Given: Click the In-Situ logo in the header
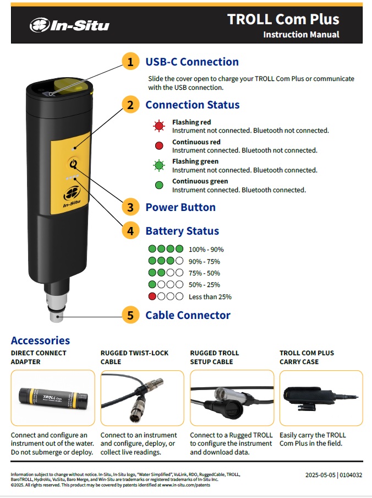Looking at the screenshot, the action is (69, 25).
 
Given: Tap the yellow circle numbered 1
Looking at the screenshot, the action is (130, 62).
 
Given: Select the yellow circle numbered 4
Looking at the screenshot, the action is (130, 231).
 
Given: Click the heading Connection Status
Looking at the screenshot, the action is (192, 105).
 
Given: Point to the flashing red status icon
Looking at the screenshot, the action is (159, 126).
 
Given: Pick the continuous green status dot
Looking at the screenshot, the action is (159, 185).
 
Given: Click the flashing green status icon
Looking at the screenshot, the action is (159, 165).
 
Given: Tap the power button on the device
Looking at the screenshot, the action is (73, 164).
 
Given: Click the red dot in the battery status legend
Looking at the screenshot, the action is (152, 296).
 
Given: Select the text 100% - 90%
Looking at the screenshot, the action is (206, 250).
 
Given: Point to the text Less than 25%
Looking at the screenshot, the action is (210, 296).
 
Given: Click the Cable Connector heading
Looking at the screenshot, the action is (188, 315).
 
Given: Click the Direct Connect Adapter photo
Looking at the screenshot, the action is (53, 398).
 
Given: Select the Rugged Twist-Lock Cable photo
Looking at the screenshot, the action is (143, 398).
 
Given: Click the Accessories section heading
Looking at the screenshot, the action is (40, 340).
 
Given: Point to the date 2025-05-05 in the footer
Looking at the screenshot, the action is (320, 475).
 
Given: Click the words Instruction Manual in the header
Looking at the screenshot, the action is (301, 34).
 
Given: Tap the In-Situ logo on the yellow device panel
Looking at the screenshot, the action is (72, 197).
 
